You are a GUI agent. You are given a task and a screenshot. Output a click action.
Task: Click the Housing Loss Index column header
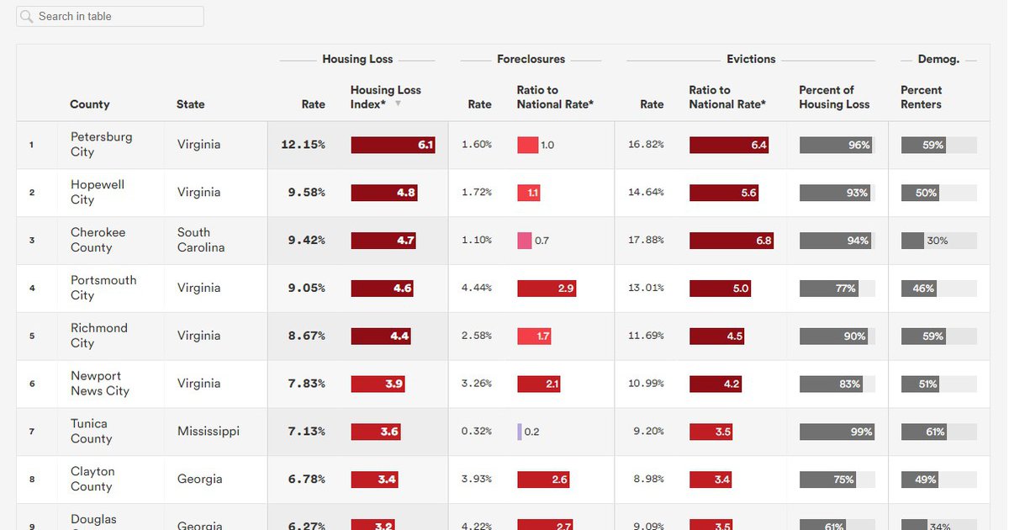point(385,97)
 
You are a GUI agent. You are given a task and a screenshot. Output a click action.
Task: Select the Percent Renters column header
point(921,97)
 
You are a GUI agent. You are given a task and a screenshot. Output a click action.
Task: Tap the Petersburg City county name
point(101,145)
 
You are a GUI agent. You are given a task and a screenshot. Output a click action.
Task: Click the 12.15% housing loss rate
point(303,145)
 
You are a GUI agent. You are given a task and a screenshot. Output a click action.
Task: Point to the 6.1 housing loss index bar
point(393,145)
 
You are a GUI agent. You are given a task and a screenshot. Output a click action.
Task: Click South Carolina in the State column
point(200,240)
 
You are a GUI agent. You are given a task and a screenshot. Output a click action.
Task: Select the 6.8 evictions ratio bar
point(731,241)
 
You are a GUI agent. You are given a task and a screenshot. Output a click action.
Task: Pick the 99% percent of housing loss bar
point(837,432)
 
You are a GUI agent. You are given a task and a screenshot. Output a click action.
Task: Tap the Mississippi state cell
point(208,432)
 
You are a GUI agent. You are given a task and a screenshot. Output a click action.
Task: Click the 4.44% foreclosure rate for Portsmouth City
point(476,288)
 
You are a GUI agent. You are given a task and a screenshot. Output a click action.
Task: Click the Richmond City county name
point(98,336)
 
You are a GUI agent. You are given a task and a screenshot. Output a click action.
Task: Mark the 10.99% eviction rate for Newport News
point(646,384)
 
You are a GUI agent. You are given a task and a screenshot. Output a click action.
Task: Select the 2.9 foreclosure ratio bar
point(546,289)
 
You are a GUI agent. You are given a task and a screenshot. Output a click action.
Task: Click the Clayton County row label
point(92,480)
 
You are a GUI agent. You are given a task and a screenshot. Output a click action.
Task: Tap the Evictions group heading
point(751,59)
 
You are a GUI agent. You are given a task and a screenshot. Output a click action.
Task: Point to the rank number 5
point(32,336)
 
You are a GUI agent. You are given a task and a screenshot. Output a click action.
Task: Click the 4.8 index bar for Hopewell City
point(384,193)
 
